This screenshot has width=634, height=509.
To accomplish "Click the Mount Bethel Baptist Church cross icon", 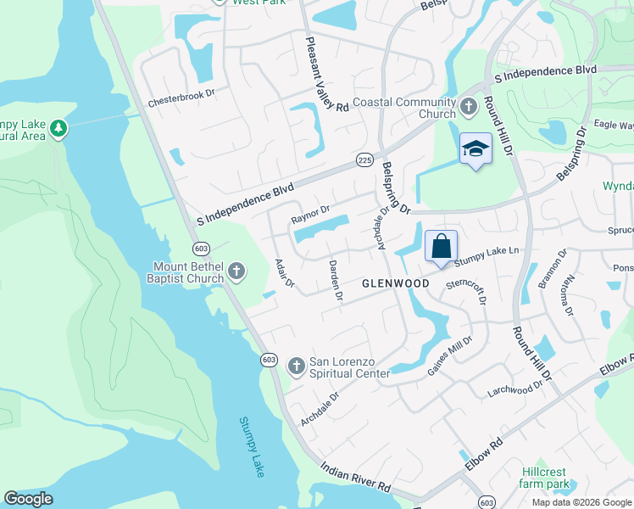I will click(x=236, y=271).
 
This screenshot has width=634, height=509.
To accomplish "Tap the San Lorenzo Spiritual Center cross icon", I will click(x=296, y=366).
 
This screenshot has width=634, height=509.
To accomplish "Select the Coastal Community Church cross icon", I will click(x=470, y=108).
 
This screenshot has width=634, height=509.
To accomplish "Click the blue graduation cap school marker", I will click(x=475, y=149).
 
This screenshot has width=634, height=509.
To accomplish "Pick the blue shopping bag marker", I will click(x=441, y=247).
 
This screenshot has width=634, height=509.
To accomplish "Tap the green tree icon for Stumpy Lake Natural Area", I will click(x=58, y=128).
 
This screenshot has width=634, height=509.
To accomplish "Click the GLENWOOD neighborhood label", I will click(x=395, y=282).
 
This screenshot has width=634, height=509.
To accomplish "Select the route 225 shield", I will click(x=364, y=159).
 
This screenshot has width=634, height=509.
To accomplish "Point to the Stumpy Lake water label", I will click(x=252, y=446).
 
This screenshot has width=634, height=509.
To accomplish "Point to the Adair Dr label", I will click(x=284, y=272).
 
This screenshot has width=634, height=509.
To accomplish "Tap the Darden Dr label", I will click(x=335, y=281).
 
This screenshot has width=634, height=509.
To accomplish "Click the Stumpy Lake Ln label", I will click(x=490, y=253).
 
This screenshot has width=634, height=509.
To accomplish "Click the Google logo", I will click(x=29, y=499).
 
